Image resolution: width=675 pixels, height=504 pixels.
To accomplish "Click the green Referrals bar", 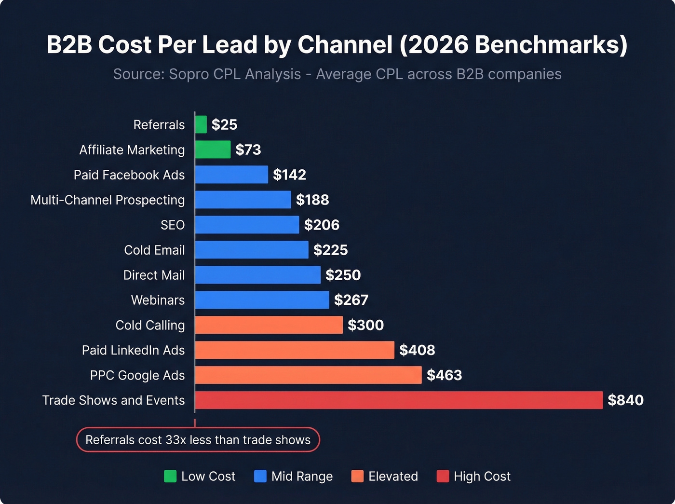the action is click(x=201, y=124).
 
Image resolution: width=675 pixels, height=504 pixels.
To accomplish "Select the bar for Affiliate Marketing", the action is click(x=213, y=150).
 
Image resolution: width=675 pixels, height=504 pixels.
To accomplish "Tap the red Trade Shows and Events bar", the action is click(x=399, y=400).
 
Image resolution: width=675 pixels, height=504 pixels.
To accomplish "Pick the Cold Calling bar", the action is click(x=269, y=325).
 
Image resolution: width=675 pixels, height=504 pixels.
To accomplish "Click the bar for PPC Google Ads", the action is click(x=309, y=375).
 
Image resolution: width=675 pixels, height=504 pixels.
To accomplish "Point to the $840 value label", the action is click(x=625, y=400).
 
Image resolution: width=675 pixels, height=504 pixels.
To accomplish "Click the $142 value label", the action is click(x=289, y=175).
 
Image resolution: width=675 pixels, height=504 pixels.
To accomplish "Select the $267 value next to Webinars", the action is click(x=351, y=300).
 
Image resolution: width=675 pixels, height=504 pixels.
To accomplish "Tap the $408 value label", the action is click(x=417, y=350).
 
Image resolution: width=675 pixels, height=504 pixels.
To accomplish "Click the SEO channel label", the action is click(x=173, y=225).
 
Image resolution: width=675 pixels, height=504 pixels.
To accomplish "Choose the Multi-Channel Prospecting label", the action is click(x=108, y=200).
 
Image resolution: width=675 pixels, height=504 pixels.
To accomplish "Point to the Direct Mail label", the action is click(x=154, y=275).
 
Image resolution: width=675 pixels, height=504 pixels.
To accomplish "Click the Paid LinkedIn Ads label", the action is click(x=133, y=351).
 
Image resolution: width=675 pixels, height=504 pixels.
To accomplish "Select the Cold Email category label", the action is click(x=154, y=250).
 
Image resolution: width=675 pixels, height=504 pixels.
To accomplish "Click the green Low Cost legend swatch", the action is click(x=170, y=477).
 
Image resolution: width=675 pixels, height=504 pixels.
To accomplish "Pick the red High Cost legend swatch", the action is click(x=443, y=477).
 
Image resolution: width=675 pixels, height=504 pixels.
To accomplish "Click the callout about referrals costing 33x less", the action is click(x=198, y=440).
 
